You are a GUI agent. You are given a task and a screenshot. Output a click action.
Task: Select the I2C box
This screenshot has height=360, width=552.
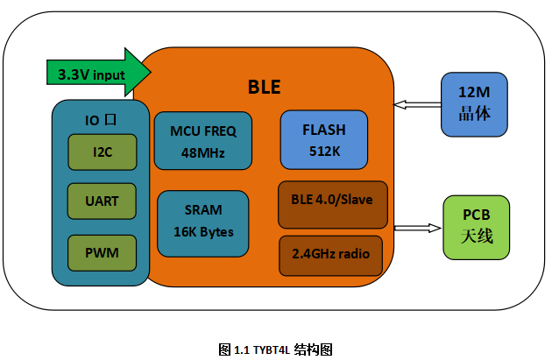[x=103, y=152]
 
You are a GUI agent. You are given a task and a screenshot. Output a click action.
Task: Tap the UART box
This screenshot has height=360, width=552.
[x=102, y=201]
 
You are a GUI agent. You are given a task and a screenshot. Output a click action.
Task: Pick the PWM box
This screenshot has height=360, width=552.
[x=102, y=253]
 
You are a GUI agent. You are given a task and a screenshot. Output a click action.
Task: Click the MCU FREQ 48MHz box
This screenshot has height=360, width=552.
[x=203, y=141]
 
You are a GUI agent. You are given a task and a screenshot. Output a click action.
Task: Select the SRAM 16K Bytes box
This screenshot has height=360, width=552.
[x=203, y=224]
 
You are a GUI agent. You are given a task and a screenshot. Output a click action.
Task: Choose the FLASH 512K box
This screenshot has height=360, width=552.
[x=324, y=139]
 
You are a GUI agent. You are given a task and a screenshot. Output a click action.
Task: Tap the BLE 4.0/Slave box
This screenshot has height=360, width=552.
[x=333, y=205]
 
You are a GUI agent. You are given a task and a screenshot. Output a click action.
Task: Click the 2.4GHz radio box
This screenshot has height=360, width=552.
[x=330, y=256]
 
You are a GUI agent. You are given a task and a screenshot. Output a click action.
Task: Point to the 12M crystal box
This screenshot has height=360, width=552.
[x=474, y=104]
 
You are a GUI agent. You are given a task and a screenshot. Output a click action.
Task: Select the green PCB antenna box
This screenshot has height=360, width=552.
[x=477, y=228]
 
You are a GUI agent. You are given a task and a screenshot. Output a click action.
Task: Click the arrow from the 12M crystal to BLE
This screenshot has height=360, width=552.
[x=417, y=104]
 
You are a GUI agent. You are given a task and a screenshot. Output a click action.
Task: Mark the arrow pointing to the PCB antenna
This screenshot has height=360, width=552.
[x=418, y=228]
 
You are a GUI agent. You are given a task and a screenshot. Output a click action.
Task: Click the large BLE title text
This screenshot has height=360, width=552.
[x=265, y=87]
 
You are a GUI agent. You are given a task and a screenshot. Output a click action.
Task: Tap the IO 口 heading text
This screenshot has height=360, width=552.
[x=101, y=120]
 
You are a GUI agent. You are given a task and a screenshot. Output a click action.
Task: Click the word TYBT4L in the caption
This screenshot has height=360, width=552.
[x=272, y=350]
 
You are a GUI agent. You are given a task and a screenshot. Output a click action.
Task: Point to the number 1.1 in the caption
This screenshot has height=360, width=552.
[x=242, y=350]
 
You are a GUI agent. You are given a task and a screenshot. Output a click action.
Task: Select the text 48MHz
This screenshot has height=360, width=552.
[x=202, y=153]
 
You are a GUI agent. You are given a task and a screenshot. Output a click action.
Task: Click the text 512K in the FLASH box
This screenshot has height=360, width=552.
[x=324, y=152]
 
